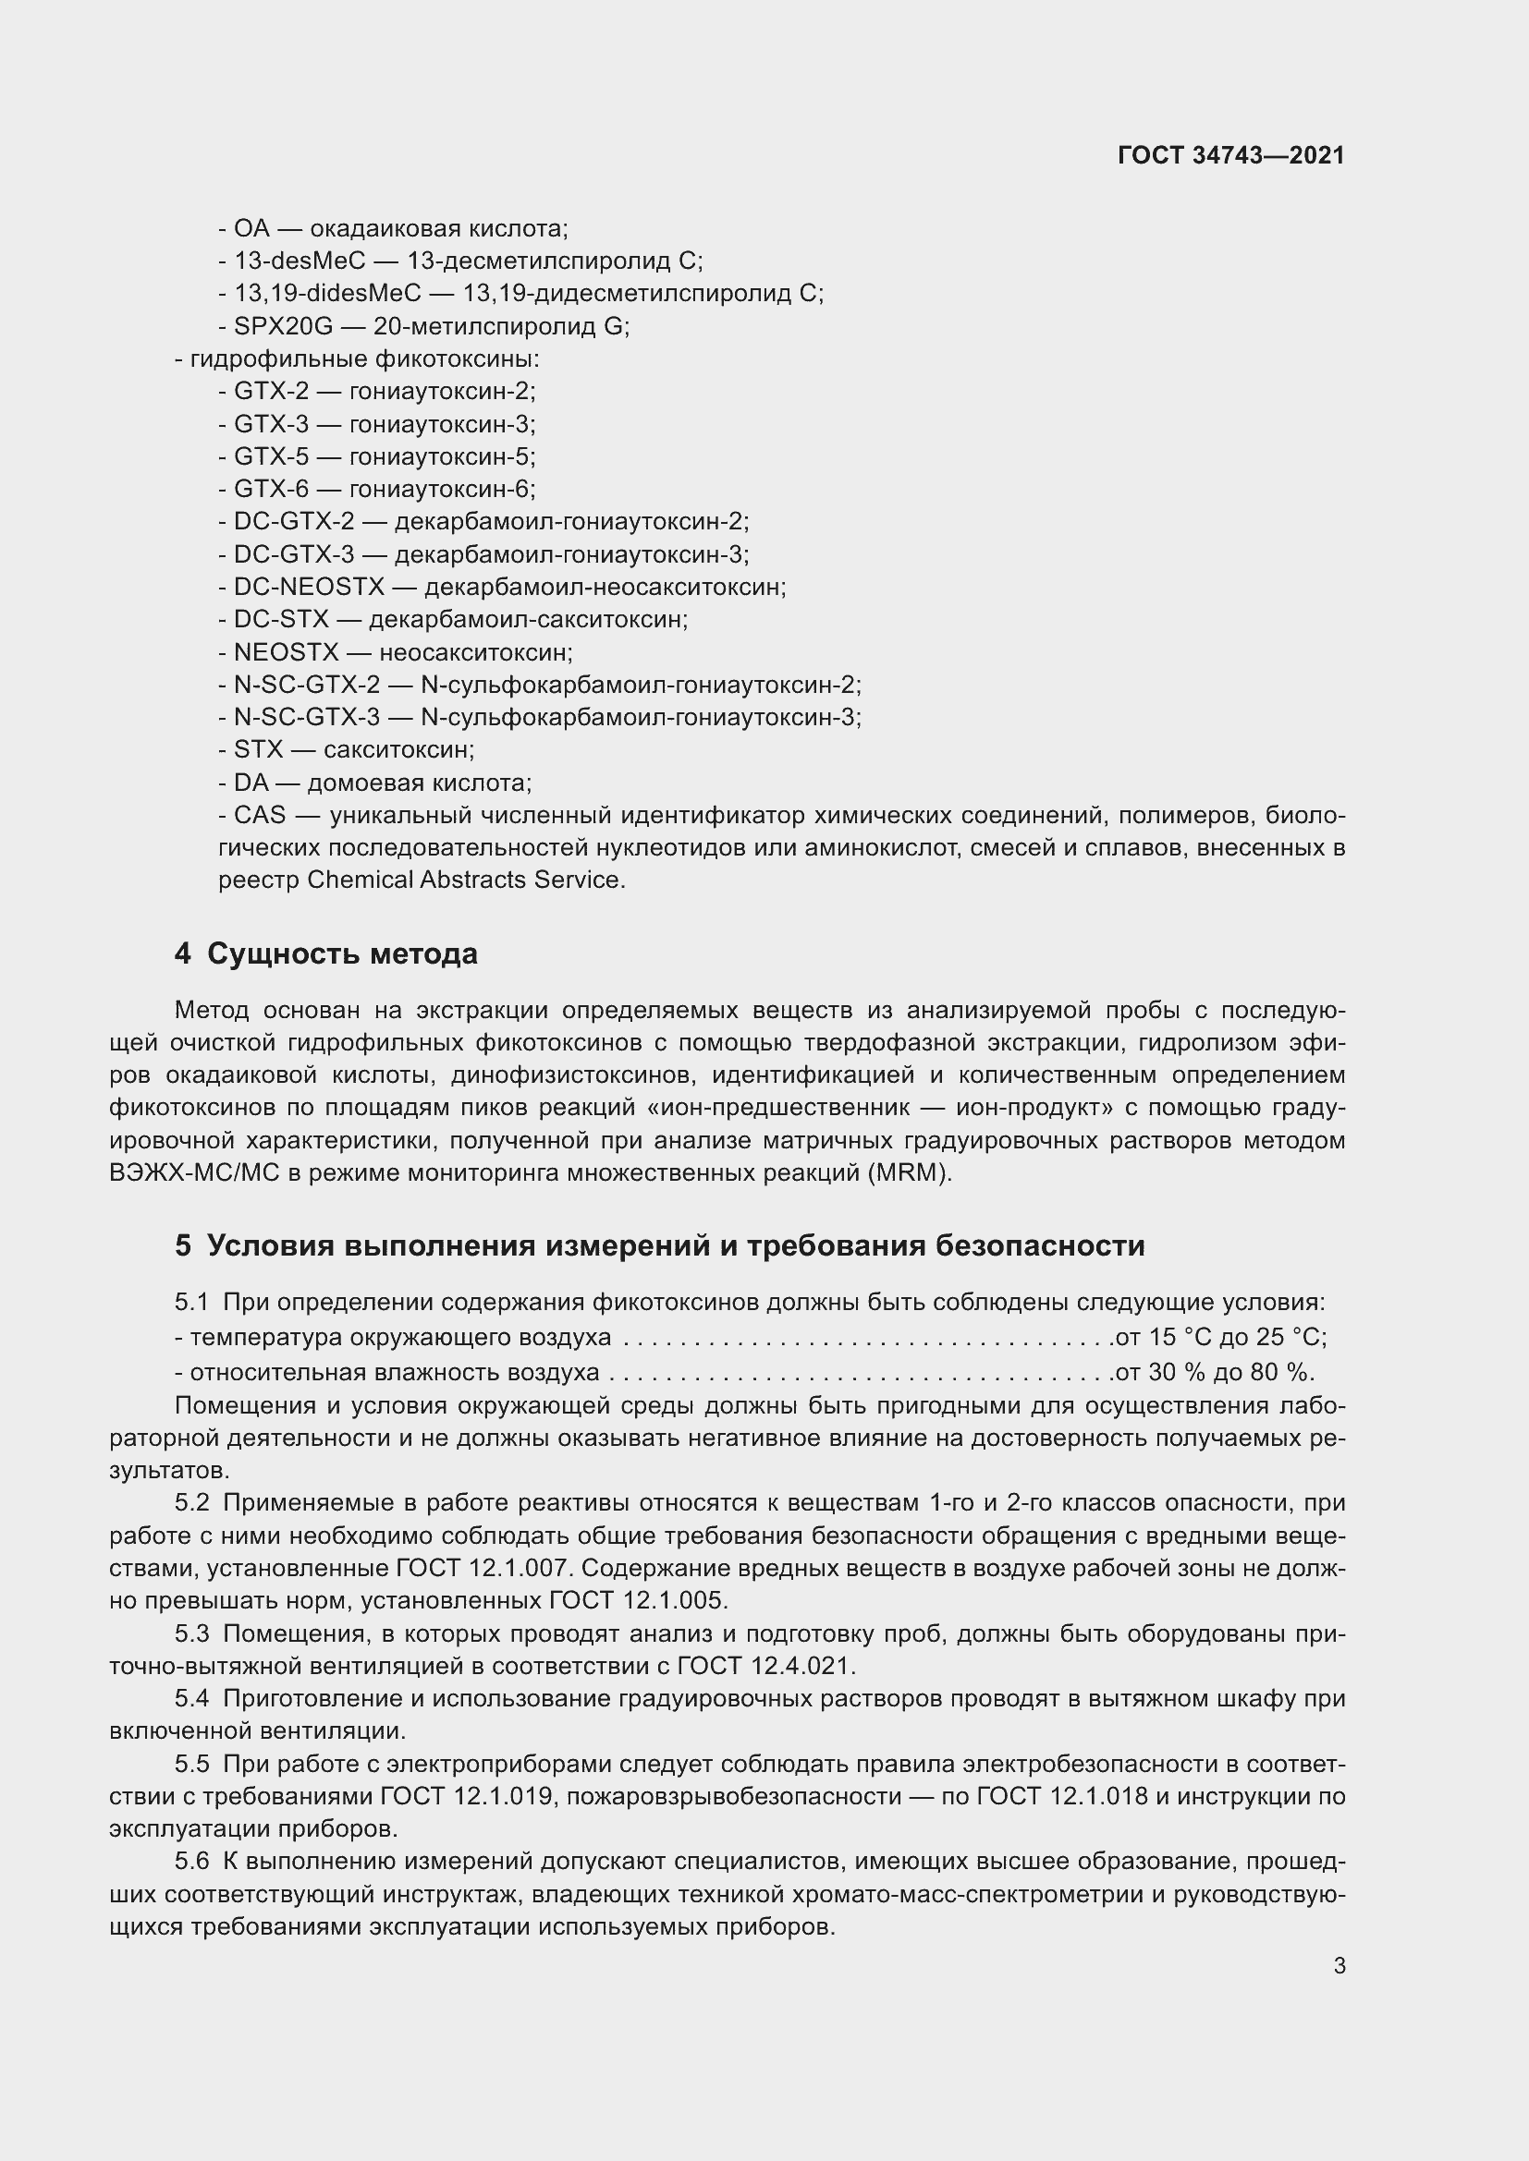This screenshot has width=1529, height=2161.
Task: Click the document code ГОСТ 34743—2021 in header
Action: click(1230, 155)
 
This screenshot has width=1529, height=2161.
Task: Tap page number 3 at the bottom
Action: click(1339, 1965)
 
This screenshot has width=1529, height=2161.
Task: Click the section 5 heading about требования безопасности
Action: click(659, 1245)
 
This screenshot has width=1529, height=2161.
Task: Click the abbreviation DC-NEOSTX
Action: click(309, 588)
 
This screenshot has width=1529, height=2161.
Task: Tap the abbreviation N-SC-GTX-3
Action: click(307, 717)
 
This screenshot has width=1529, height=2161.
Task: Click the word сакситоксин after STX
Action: click(398, 750)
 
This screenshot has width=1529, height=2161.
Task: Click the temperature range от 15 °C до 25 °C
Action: click(1220, 1338)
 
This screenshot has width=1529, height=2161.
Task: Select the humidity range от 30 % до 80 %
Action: click(1214, 1371)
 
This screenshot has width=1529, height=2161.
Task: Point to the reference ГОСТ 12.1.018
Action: click(1062, 1796)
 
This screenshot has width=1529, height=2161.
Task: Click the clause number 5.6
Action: click(191, 1862)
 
